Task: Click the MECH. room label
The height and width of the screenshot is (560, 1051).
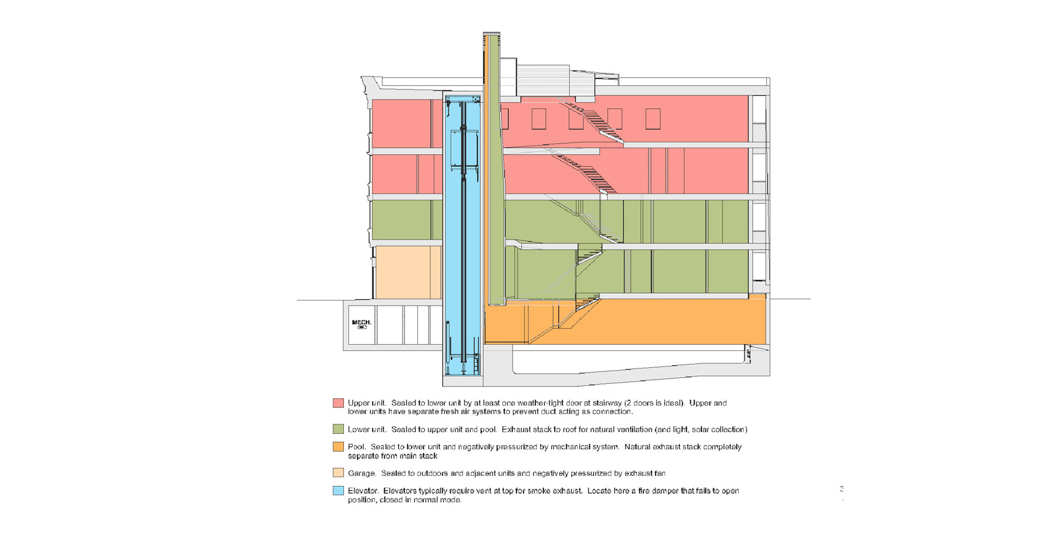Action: pos(361,322)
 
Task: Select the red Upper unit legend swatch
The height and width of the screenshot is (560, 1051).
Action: pos(338,403)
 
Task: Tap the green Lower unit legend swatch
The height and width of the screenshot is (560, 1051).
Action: pos(338,429)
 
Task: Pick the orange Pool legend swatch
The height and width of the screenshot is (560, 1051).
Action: pos(338,447)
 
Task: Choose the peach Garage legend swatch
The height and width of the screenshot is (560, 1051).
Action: pos(338,473)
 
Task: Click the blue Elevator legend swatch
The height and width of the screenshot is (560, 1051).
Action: pos(338,490)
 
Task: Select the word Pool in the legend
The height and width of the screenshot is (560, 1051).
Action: pos(356,447)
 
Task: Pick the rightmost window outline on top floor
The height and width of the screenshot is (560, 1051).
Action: pos(652,119)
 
